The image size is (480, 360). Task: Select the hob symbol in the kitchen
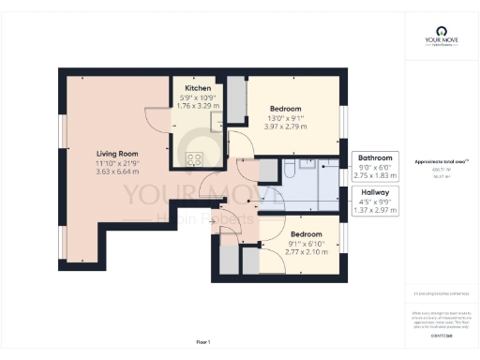(x=196, y=158)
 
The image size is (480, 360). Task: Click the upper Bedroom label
(x=288, y=107)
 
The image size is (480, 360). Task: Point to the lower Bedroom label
(x=306, y=233)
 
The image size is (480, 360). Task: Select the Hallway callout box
(x=375, y=201)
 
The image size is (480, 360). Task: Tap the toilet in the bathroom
(x=291, y=171)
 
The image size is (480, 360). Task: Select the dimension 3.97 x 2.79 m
(x=288, y=126)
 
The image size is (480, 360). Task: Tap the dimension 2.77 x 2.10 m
(x=306, y=252)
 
